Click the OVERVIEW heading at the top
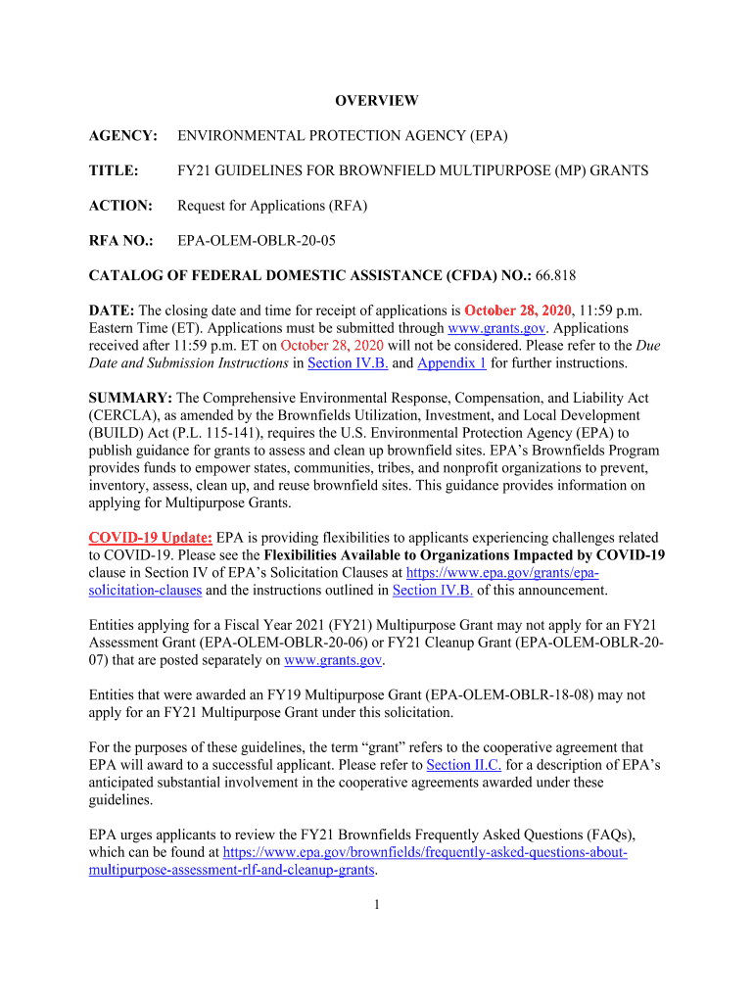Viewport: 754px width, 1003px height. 377,100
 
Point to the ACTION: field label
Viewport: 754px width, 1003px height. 120,206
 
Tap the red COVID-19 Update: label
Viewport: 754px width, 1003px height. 150,538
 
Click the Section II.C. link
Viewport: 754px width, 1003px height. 464,765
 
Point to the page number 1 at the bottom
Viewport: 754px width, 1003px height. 377,905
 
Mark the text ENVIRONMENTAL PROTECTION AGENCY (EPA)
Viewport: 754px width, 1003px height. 342,135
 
